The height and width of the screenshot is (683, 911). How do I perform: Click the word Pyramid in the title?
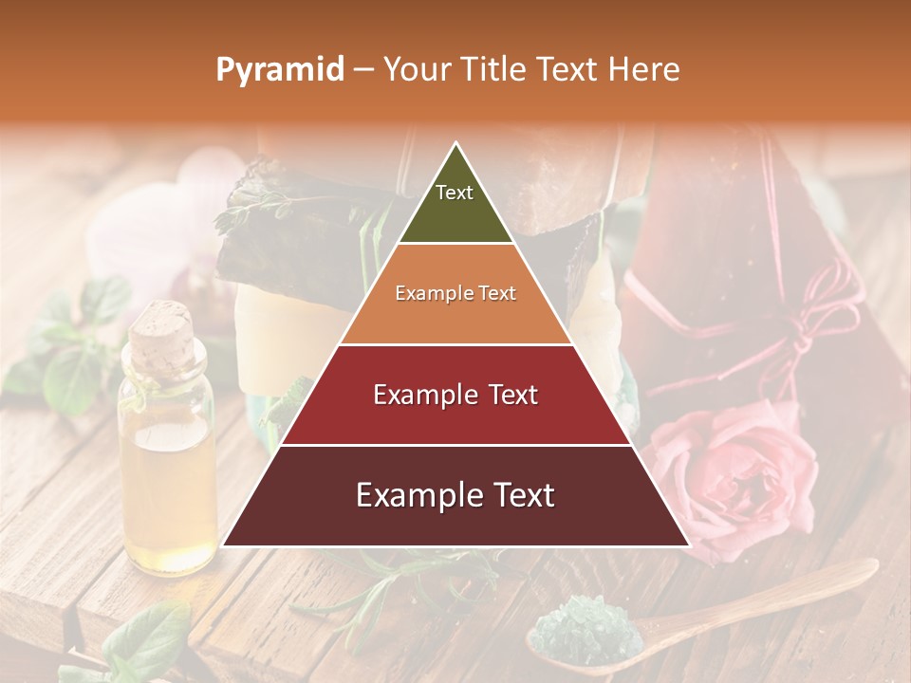coord(279,70)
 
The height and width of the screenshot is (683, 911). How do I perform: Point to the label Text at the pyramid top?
coord(455,193)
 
